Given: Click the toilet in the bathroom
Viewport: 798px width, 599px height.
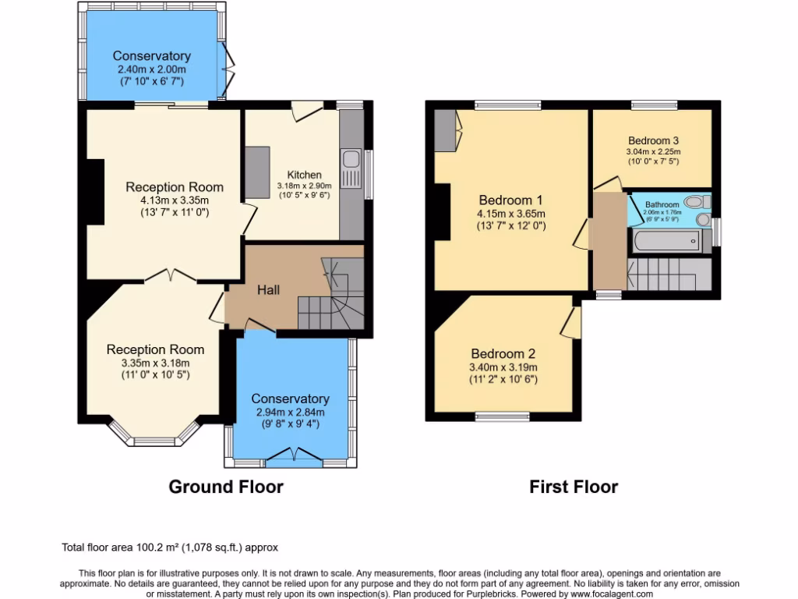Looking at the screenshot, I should [692, 201].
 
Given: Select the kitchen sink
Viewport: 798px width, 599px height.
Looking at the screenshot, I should [351, 161].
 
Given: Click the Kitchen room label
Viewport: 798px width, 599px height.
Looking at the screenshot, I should [304, 175].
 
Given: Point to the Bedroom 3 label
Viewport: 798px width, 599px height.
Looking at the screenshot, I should [653, 141].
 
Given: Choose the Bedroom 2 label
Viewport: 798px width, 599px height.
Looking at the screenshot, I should [503, 353].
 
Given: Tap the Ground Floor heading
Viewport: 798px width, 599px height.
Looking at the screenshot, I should [226, 487].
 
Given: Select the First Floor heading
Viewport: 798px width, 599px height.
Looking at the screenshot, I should [574, 487].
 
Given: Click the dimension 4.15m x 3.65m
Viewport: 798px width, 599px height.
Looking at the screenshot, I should [511, 214].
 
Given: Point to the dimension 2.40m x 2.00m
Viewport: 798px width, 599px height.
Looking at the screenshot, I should [151, 69].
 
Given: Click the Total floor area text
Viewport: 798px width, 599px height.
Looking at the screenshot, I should [169, 548].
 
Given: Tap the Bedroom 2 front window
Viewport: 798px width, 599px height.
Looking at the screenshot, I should [503, 416].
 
